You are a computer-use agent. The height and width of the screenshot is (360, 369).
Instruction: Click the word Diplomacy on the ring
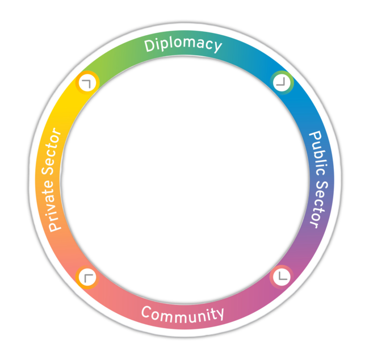tap(183, 45)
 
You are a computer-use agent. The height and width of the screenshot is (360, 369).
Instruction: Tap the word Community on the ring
tap(183, 313)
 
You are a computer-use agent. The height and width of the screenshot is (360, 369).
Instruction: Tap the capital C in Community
tap(146, 312)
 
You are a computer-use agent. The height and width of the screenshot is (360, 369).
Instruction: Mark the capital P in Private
tap(54, 226)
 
